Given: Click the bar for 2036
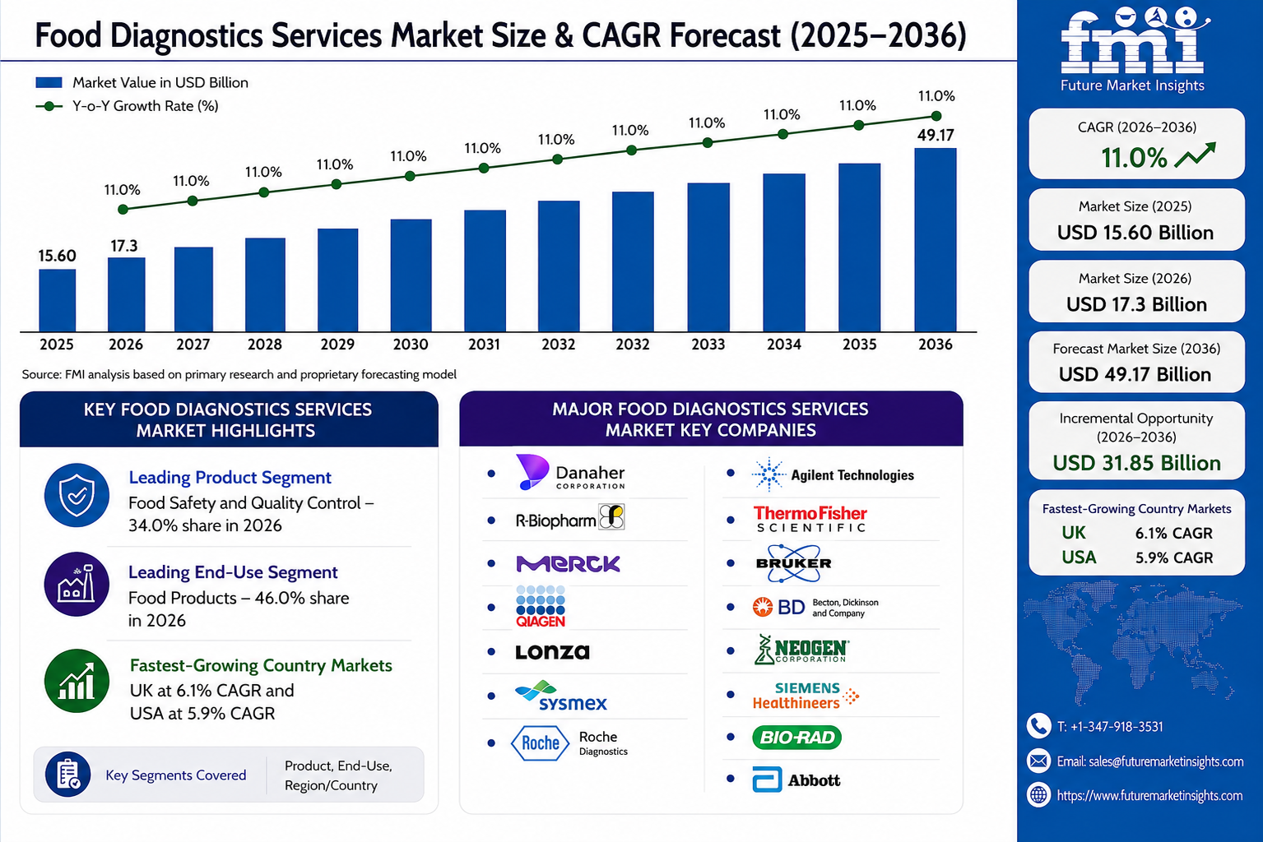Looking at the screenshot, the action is (x=936, y=239).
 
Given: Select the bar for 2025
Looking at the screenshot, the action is (x=57, y=300).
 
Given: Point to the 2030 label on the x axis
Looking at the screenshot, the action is (x=411, y=345).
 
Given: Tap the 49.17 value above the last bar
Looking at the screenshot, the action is (x=936, y=135).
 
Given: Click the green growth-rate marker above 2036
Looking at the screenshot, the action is (x=936, y=116).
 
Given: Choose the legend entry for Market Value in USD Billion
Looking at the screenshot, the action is (x=142, y=83).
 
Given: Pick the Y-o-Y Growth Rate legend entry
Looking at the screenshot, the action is (x=127, y=106).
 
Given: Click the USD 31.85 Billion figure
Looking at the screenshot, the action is (x=1137, y=463).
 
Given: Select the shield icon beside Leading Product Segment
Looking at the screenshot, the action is (x=77, y=495).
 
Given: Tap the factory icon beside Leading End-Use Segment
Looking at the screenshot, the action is (x=77, y=584).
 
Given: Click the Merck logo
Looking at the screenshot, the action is (x=568, y=563).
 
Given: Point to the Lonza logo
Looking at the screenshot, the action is (x=553, y=652).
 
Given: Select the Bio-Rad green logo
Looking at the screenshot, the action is (x=796, y=738).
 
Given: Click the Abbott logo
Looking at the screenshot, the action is (x=796, y=780).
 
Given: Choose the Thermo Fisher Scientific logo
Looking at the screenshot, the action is (x=810, y=519).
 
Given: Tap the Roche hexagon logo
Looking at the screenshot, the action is (x=540, y=743).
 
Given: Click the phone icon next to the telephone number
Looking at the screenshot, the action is (x=1038, y=726).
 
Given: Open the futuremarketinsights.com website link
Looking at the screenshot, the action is (x=1149, y=795).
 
